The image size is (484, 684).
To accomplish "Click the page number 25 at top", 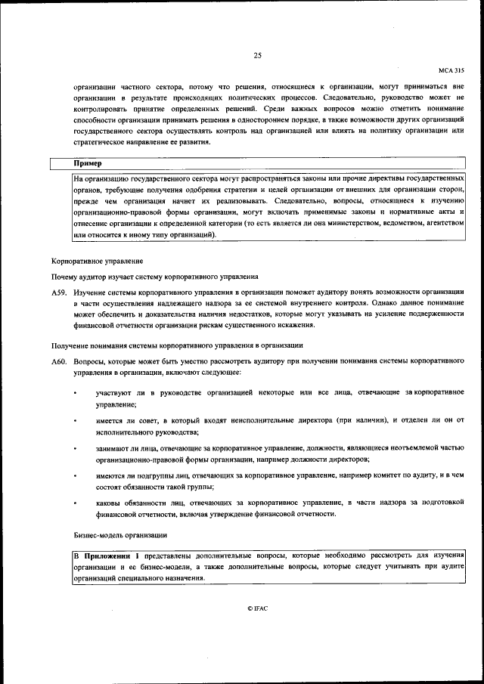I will pos(258,55).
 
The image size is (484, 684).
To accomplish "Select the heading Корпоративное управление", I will pos(97,261).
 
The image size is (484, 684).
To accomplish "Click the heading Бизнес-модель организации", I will pos(120,535).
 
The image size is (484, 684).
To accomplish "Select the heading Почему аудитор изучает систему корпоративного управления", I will pos(155,277).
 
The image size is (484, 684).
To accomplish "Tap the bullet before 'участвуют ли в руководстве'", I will pos(74,394).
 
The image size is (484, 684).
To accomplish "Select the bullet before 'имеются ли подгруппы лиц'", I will pos(74,476).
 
